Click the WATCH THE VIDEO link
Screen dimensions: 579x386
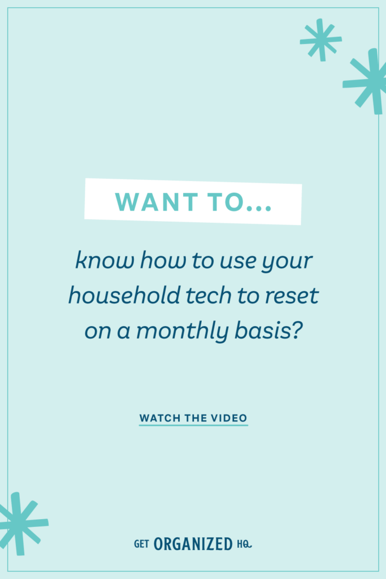click(193, 418)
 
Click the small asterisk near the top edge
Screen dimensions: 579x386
click(320, 40)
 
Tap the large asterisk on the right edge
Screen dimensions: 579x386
click(369, 81)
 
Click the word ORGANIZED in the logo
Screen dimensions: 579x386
click(193, 545)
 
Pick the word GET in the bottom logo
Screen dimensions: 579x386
click(141, 545)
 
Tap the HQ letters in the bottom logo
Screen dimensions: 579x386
click(244, 545)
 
